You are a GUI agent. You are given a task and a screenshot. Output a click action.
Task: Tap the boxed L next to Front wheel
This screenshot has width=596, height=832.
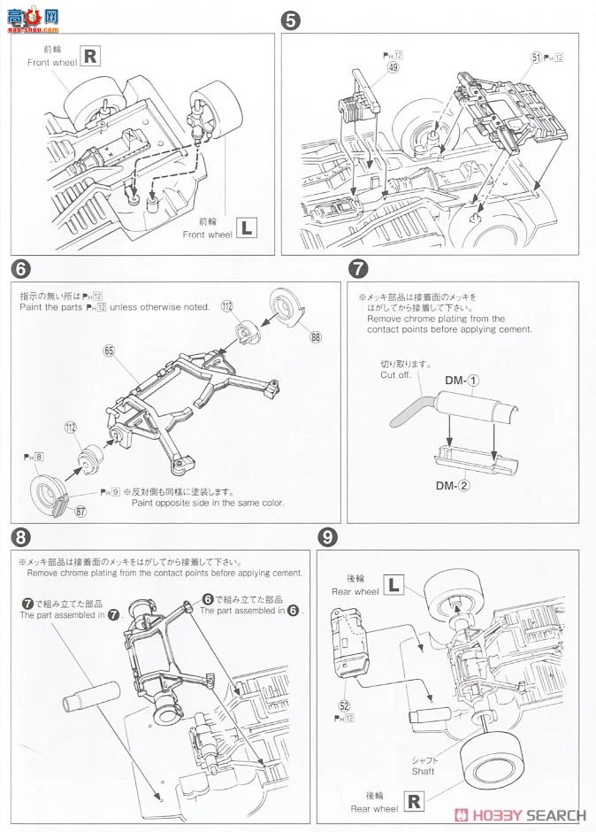[x=248, y=228]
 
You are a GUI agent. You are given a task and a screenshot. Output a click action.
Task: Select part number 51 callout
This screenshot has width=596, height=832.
[x=536, y=58]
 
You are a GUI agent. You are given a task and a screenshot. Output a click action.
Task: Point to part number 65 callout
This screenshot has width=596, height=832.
[x=110, y=351]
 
